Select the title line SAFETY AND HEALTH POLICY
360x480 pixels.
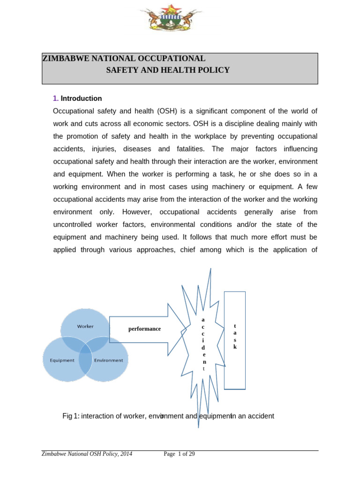pos(168,70)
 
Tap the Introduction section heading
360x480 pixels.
pos(81,98)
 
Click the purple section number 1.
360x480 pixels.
pos(55,98)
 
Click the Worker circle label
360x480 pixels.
pos(85,326)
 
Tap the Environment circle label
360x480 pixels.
pos(108,360)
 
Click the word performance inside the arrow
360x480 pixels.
pos(144,329)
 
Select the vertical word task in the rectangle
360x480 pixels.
pos(235,336)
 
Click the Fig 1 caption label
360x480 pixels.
pos(71,416)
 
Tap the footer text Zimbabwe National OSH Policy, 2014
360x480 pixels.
pos(87,454)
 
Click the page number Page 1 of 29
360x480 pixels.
pos(179,454)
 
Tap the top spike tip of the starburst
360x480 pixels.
pos(210,270)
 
